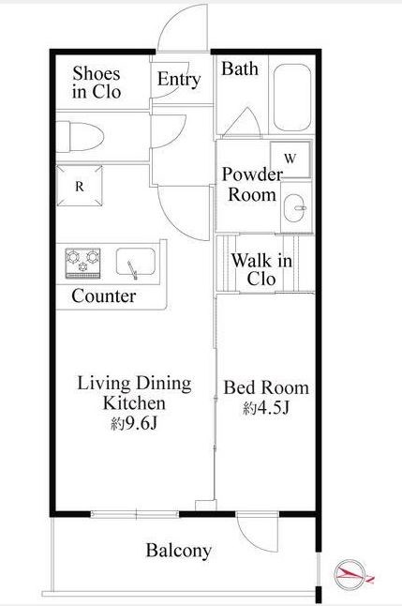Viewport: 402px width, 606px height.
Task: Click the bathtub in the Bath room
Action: [292, 98]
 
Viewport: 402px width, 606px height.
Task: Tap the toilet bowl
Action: [81, 137]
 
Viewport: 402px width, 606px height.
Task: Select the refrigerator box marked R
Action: [80, 186]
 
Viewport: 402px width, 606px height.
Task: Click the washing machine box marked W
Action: [290, 159]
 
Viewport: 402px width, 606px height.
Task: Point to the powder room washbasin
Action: [295, 207]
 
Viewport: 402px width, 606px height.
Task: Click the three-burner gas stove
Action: [83, 263]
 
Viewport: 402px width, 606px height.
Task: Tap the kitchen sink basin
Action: [136, 263]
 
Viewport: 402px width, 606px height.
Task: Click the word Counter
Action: [103, 296]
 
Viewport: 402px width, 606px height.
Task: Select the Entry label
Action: [179, 80]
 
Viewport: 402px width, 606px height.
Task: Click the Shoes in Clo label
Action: [97, 83]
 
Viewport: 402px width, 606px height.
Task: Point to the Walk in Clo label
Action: [261, 269]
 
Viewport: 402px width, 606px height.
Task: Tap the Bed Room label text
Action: [266, 387]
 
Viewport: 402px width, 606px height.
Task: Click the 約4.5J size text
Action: [266, 407]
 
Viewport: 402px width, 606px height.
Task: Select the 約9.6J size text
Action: [134, 424]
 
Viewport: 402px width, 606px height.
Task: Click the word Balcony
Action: [179, 551]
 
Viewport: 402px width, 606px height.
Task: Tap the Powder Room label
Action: [252, 185]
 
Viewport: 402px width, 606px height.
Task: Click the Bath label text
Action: [240, 68]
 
